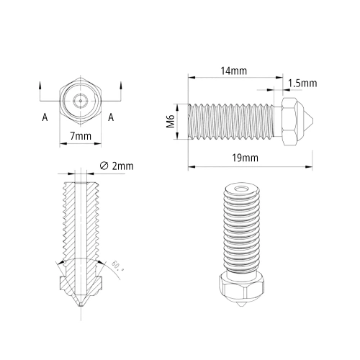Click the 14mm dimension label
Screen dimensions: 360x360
tap(233, 71)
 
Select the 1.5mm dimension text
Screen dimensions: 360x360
tap(302, 84)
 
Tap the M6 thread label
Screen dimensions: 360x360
tap(171, 122)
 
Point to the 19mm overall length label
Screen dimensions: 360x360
tap(245, 158)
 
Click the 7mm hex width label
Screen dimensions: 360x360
tap(81, 136)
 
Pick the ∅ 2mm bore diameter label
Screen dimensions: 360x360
tap(117, 166)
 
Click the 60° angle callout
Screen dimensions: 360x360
tap(117, 266)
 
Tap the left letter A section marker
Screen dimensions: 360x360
tap(45, 117)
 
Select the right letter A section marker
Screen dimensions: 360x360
tap(111, 117)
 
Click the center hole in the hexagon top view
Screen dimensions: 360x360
tap(81, 101)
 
